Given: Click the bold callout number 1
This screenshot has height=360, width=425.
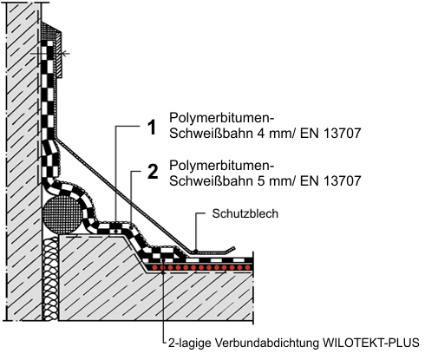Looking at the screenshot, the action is click(152, 128).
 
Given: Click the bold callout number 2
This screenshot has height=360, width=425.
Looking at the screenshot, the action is click(153, 172).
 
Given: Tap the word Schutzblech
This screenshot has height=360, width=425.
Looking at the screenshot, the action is click(245, 213).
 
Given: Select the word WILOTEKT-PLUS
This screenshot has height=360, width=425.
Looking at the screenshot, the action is click(371, 343).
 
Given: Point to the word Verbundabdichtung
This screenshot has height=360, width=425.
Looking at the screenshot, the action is click(267, 343).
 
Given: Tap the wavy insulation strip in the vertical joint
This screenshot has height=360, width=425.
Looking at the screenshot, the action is click(51, 278).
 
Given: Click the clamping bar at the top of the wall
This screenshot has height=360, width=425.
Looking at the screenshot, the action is click(59, 55).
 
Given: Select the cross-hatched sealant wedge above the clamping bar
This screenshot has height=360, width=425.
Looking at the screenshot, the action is click(49, 31).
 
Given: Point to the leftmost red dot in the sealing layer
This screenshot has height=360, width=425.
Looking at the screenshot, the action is click(155, 267).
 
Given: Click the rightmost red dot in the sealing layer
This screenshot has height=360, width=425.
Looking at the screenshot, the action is click(247, 267).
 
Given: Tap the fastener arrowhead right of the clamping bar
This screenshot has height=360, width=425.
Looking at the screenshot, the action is click(65, 54).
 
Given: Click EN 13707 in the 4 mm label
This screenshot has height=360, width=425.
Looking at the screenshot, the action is click(330, 134).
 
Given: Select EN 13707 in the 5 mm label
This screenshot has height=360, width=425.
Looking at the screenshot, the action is click(330, 181).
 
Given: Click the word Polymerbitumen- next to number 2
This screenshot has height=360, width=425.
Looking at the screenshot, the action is click(221, 166).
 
